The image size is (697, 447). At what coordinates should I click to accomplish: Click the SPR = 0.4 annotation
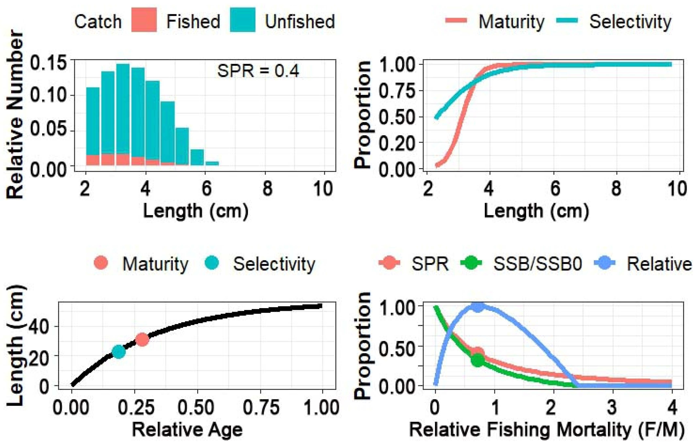(258, 71)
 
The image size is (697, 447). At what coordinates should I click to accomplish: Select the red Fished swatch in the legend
(144, 20)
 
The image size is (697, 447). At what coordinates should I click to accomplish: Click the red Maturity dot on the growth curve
(142, 339)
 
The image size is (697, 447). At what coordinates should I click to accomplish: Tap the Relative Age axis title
(187, 430)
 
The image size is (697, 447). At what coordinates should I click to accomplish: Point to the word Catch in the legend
(98, 22)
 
